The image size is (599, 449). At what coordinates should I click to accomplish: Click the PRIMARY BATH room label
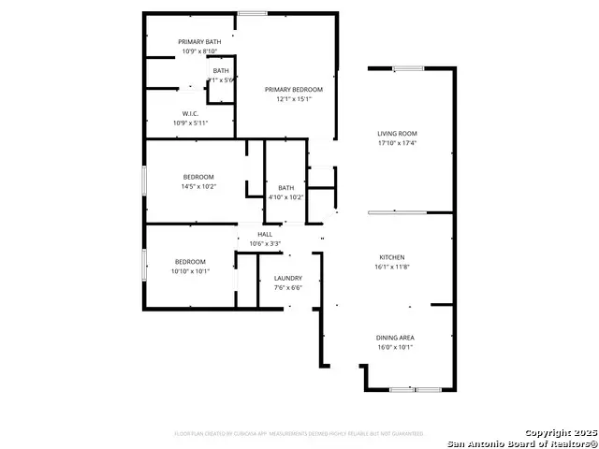click(199, 41)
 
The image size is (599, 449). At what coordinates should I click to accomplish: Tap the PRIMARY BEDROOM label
click(293, 90)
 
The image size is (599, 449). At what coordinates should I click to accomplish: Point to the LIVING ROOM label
click(397, 134)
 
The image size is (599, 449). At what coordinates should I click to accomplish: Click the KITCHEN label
click(391, 256)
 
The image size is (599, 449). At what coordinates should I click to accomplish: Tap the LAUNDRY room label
click(286, 279)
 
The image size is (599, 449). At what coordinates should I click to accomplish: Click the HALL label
click(265, 234)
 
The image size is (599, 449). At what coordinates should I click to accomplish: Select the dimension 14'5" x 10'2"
click(198, 186)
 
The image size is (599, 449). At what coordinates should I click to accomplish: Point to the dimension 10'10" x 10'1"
click(190, 271)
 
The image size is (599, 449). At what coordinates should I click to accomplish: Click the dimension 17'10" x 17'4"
click(397, 143)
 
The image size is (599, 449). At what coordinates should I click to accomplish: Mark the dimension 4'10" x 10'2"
click(285, 197)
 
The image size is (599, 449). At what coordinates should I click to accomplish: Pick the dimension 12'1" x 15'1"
click(293, 99)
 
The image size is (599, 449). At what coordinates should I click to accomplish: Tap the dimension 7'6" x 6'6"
click(286, 288)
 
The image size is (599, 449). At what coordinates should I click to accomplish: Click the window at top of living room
click(408, 67)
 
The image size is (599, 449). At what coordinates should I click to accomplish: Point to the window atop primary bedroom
click(251, 13)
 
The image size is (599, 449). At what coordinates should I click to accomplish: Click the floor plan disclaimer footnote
click(299, 434)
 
